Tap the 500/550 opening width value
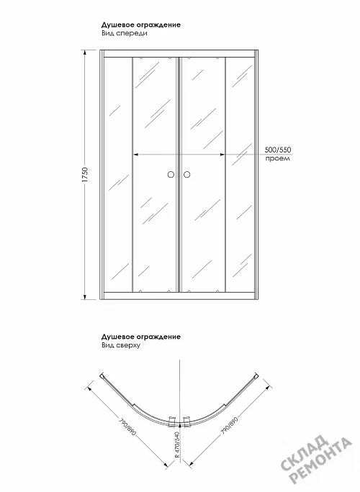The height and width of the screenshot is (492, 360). click(x=278, y=150)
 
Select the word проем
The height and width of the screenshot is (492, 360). click(x=278, y=158)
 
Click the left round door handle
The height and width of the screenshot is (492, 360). click(x=171, y=175)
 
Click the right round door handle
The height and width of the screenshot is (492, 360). click(x=187, y=175)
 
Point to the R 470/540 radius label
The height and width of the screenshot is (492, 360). click(x=177, y=445)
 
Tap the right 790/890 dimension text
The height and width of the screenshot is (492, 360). click(x=229, y=425)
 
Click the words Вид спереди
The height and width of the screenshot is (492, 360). click(x=125, y=33)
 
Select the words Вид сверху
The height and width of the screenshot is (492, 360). click(x=121, y=345)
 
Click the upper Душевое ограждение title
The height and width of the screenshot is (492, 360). click(x=141, y=25)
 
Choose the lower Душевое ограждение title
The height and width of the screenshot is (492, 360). click(x=141, y=337)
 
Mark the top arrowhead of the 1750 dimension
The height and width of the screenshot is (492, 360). click(x=85, y=53)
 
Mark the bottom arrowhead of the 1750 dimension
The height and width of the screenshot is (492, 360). click(x=85, y=296)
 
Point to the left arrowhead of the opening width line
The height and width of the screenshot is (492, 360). click(x=136, y=155)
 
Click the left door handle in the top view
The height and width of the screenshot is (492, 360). click(x=172, y=421)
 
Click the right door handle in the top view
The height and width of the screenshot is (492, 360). click(x=187, y=421)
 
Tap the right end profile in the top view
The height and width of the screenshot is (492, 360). click(x=256, y=376)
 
